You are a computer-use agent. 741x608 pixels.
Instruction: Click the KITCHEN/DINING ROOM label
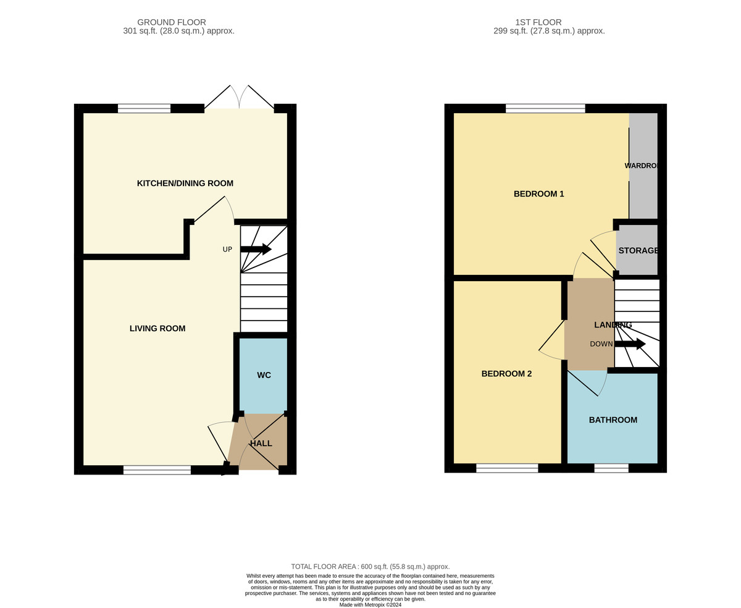point(185,184)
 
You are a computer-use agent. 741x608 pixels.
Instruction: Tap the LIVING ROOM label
point(157,329)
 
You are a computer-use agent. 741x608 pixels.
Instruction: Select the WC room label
point(264,375)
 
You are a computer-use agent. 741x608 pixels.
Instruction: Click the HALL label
point(261,444)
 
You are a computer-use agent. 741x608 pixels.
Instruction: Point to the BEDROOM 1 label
point(538,194)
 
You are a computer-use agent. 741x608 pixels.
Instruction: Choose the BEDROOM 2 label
point(506,374)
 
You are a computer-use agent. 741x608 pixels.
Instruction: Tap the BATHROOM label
point(613,420)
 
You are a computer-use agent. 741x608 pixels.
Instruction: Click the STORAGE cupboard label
point(638,251)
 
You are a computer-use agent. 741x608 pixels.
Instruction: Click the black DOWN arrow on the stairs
point(630,344)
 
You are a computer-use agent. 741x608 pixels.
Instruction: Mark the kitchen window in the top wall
point(144,109)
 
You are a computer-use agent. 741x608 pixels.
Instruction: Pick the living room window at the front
point(157,470)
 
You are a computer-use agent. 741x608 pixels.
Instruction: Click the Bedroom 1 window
point(545,109)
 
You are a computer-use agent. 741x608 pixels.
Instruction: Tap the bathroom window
point(611,468)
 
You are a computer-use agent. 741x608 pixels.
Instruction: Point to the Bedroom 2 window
point(507,468)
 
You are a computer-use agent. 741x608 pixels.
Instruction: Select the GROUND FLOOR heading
point(172,22)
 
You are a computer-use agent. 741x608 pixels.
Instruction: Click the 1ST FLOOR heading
point(538,22)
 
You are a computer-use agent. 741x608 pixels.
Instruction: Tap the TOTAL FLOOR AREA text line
point(370,567)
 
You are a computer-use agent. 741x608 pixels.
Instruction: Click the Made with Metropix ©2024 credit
point(370,605)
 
